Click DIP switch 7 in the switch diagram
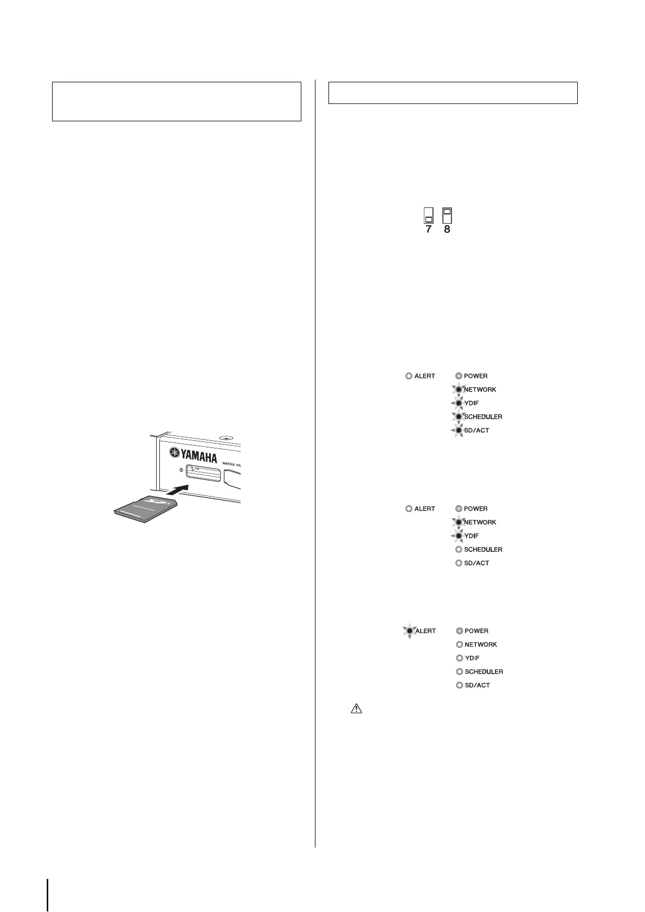[x=428, y=216]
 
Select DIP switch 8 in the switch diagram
[x=448, y=216]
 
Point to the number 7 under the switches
[x=428, y=230]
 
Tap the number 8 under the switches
[x=447, y=230]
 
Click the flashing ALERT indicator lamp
[x=410, y=631]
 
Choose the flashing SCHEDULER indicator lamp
[x=459, y=417]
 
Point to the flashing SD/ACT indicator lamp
[x=459, y=431]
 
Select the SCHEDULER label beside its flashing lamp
[x=483, y=417]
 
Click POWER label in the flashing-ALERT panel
[x=476, y=631]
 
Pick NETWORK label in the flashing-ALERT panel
[x=481, y=644]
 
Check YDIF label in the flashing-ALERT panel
[x=472, y=658]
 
